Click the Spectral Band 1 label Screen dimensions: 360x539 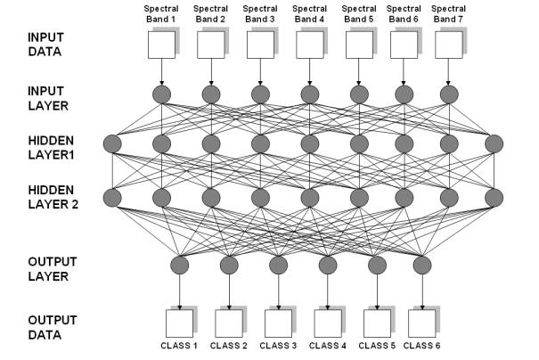(x=161, y=13)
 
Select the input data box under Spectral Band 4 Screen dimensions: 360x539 (x=307, y=43)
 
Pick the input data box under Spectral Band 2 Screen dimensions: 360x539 (x=210, y=43)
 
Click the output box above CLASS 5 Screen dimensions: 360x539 (x=374, y=322)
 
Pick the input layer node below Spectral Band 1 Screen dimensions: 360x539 (x=161, y=94)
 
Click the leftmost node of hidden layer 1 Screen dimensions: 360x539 (x=112, y=143)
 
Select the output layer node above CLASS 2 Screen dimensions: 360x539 (x=229, y=264)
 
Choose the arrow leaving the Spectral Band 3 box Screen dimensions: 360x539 (x=259, y=70)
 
